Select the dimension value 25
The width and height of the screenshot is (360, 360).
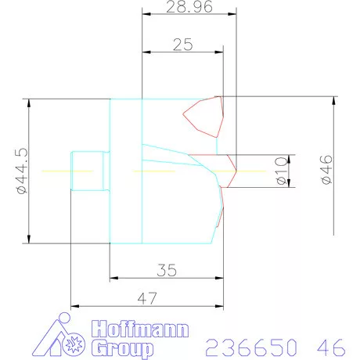click(x=182, y=45)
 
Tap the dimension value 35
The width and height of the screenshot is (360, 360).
click(x=166, y=270)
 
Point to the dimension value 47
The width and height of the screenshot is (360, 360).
click(x=149, y=299)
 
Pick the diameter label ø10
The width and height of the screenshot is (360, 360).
click(x=282, y=171)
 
